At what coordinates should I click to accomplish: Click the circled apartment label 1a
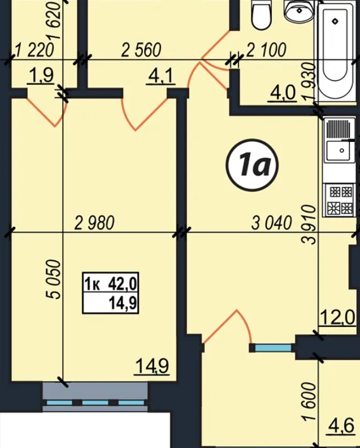pyautogui.click(x=252, y=165)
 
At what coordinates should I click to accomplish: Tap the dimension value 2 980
pyautogui.click(x=94, y=223)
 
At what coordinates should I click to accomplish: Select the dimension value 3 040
pyautogui.click(x=272, y=223)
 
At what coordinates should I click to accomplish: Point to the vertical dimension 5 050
pyautogui.click(x=54, y=279)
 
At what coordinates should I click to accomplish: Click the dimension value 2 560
pyautogui.click(x=141, y=50)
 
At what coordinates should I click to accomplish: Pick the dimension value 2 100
pyautogui.click(x=266, y=50)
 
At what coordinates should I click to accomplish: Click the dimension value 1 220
pyautogui.click(x=34, y=50)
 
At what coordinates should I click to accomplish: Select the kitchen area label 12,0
pyautogui.click(x=338, y=317)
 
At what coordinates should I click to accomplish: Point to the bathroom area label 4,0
pyautogui.click(x=282, y=93)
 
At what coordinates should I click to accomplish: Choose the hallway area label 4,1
pyautogui.click(x=161, y=76)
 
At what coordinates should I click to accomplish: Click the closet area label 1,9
pyautogui.click(x=40, y=76)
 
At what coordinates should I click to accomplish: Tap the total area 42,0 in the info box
pyautogui.click(x=123, y=284)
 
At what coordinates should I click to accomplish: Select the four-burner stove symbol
pyautogui.click(x=340, y=200)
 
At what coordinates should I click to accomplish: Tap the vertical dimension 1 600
pyautogui.click(x=309, y=402)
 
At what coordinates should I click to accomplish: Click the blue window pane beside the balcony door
pyautogui.click(x=273, y=348)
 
